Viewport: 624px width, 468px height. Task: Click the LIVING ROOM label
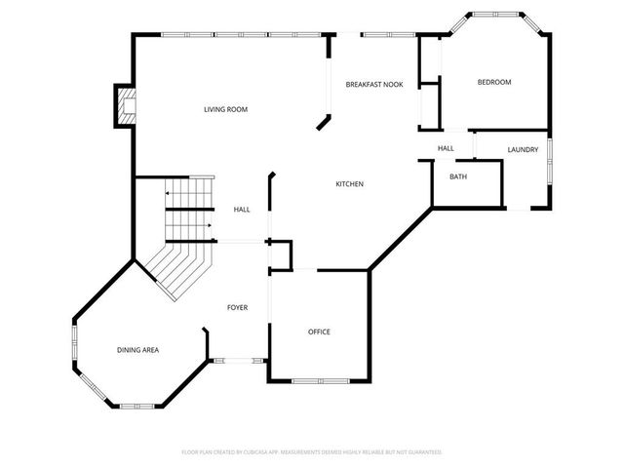(225, 109)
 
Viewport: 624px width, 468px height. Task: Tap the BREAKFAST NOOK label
(374, 85)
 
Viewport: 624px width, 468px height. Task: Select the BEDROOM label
(493, 82)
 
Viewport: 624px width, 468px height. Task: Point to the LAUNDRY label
(523, 149)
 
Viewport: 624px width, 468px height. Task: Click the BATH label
(458, 176)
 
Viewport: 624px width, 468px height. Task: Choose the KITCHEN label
(350, 184)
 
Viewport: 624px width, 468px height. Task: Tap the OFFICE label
(319, 331)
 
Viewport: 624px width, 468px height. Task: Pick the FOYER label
(237, 307)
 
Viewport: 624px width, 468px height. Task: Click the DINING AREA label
(138, 349)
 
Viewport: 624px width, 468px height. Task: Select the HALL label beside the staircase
(242, 210)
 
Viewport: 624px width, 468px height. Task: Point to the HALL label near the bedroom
(446, 148)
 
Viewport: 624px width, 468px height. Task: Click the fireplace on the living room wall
(125, 105)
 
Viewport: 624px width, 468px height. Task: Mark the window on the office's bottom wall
(321, 379)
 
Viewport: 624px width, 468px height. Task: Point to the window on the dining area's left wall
(74, 342)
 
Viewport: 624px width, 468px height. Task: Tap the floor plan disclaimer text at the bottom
(312, 452)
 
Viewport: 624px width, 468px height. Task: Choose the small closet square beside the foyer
(281, 253)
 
